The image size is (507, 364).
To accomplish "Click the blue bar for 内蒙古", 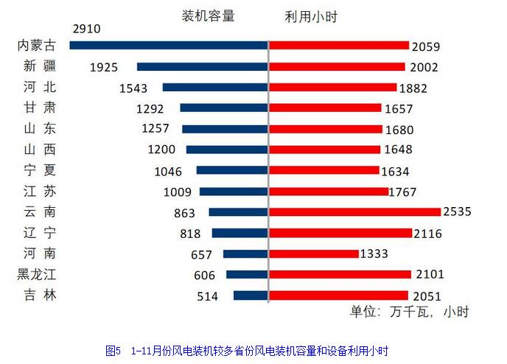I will (x=169, y=45).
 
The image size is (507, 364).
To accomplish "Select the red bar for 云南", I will (x=354, y=211).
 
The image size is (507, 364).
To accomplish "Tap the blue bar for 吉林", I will (x=251, y=295).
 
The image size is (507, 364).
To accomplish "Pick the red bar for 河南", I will (x=313, y=253).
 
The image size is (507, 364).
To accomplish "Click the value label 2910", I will (x=87, y=29).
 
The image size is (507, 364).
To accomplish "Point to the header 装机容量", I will (x=208, y=16).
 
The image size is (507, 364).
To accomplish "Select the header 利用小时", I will (x=310, y=16).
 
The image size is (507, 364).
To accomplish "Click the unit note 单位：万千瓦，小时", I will (x=409, y=311).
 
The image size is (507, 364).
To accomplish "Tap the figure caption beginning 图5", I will (x=247, y=349).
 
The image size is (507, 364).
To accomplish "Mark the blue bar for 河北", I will (x=215, y=87).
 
